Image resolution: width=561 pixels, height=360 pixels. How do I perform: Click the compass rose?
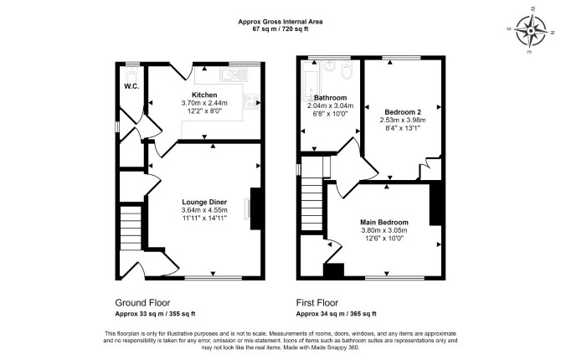pyautogui.click(x=531, y=31)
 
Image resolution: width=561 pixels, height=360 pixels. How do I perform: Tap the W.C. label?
pyautogui.click(x=131, y=86)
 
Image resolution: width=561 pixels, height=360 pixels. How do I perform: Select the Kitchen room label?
pyautogui.click(x=204, y=95)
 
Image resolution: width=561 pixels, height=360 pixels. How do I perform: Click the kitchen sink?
pyautogui.click(x=234, y=75)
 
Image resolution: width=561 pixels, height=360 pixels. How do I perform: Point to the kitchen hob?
pyautogui.click(x=251, y=100)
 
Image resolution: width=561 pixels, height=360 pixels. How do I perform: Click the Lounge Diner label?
pyautogui.click(x=204, y=203)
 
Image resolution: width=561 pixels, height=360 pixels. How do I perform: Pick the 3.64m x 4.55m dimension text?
pyautogui.click(x=204, y=210)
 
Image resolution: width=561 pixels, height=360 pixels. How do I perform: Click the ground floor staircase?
pyautogui.click(x=131, y=227)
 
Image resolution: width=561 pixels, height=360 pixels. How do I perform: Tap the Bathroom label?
pyautogui.click(x=330, y=97)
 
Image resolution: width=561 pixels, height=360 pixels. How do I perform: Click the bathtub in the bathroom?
pyautogui.click(x=310, y=81)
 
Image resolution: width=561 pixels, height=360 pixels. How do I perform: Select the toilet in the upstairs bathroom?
pyautogui.click(x=347, y=69)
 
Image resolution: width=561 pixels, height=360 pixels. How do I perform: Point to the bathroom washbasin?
pyautogui.click(x=329, y=66)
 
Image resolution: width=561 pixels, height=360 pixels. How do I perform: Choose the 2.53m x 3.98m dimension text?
pyautogui.click(x=403, y=120)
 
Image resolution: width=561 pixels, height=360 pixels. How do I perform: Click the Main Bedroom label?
pyautogui.click(x=383, y=222)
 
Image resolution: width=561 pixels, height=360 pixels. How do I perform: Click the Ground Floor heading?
pyautogui.click(x=142, y=303)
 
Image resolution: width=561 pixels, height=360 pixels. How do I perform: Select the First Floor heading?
pyautogui.click(x=317, y=303)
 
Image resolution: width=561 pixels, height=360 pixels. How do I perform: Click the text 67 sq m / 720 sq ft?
pyautogui.click(x=280, y=29)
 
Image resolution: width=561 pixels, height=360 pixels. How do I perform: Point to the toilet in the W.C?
pyautogui.click(x=131, y=75)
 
